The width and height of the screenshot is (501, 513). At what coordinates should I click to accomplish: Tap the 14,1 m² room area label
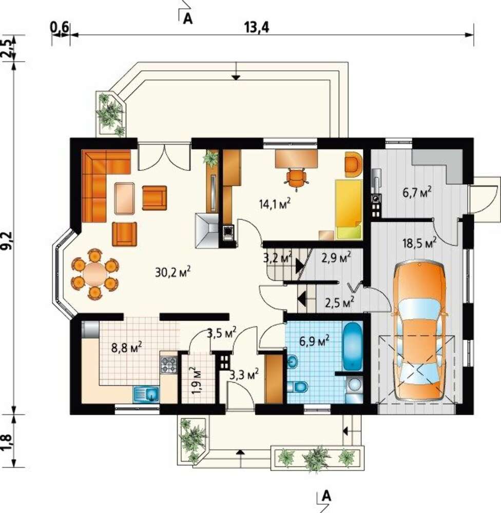click(x=275, y=204)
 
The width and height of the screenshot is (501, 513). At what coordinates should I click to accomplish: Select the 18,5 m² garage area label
click(x=419, y=243)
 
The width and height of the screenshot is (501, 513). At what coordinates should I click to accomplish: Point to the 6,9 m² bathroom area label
click(x=314, y=341)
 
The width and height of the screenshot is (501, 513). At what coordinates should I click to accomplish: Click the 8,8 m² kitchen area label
click(x=126, y=347)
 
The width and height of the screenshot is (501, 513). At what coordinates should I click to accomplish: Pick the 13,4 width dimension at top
click(x=257, y=28)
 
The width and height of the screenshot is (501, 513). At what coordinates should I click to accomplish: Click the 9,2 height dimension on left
click(x=7, y=241)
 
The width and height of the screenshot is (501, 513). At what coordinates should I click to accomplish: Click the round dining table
click(x=94, y=274)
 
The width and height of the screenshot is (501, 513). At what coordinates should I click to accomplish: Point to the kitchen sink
click(x=146, y=393)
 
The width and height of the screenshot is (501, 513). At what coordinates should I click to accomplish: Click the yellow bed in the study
click(x=349, y=209)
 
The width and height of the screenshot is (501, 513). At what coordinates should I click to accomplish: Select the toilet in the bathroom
click(x=297, y=387)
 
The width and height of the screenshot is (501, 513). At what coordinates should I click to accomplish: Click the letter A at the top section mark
click(x=188, y=18)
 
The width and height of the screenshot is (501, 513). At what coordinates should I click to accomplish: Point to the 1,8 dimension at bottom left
click(x=7, y=442)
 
